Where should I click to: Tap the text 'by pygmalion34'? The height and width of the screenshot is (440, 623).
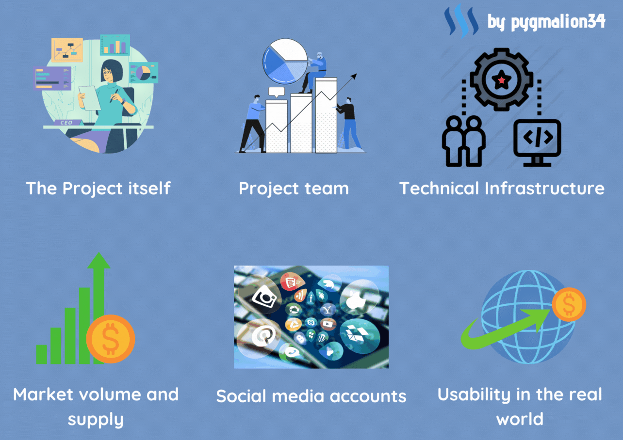point(546,22)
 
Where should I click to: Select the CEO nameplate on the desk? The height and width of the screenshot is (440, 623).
point(67,123)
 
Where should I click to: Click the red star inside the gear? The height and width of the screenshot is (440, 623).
point(502,80)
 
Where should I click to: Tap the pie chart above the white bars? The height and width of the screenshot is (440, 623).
point(285,61)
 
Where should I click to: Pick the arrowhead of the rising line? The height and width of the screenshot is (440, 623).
point(354,76)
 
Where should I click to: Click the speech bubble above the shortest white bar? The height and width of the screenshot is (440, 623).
point(276,92)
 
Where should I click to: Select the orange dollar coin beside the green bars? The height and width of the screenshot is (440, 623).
point(111,339)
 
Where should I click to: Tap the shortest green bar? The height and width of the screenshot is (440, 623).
point(41,354)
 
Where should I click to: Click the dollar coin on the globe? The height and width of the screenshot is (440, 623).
point(569,304)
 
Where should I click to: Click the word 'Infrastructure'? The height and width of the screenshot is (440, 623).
point(544,189)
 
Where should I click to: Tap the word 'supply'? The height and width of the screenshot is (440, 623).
point(96,420)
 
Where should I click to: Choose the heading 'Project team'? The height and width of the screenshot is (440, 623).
point(294,189)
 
